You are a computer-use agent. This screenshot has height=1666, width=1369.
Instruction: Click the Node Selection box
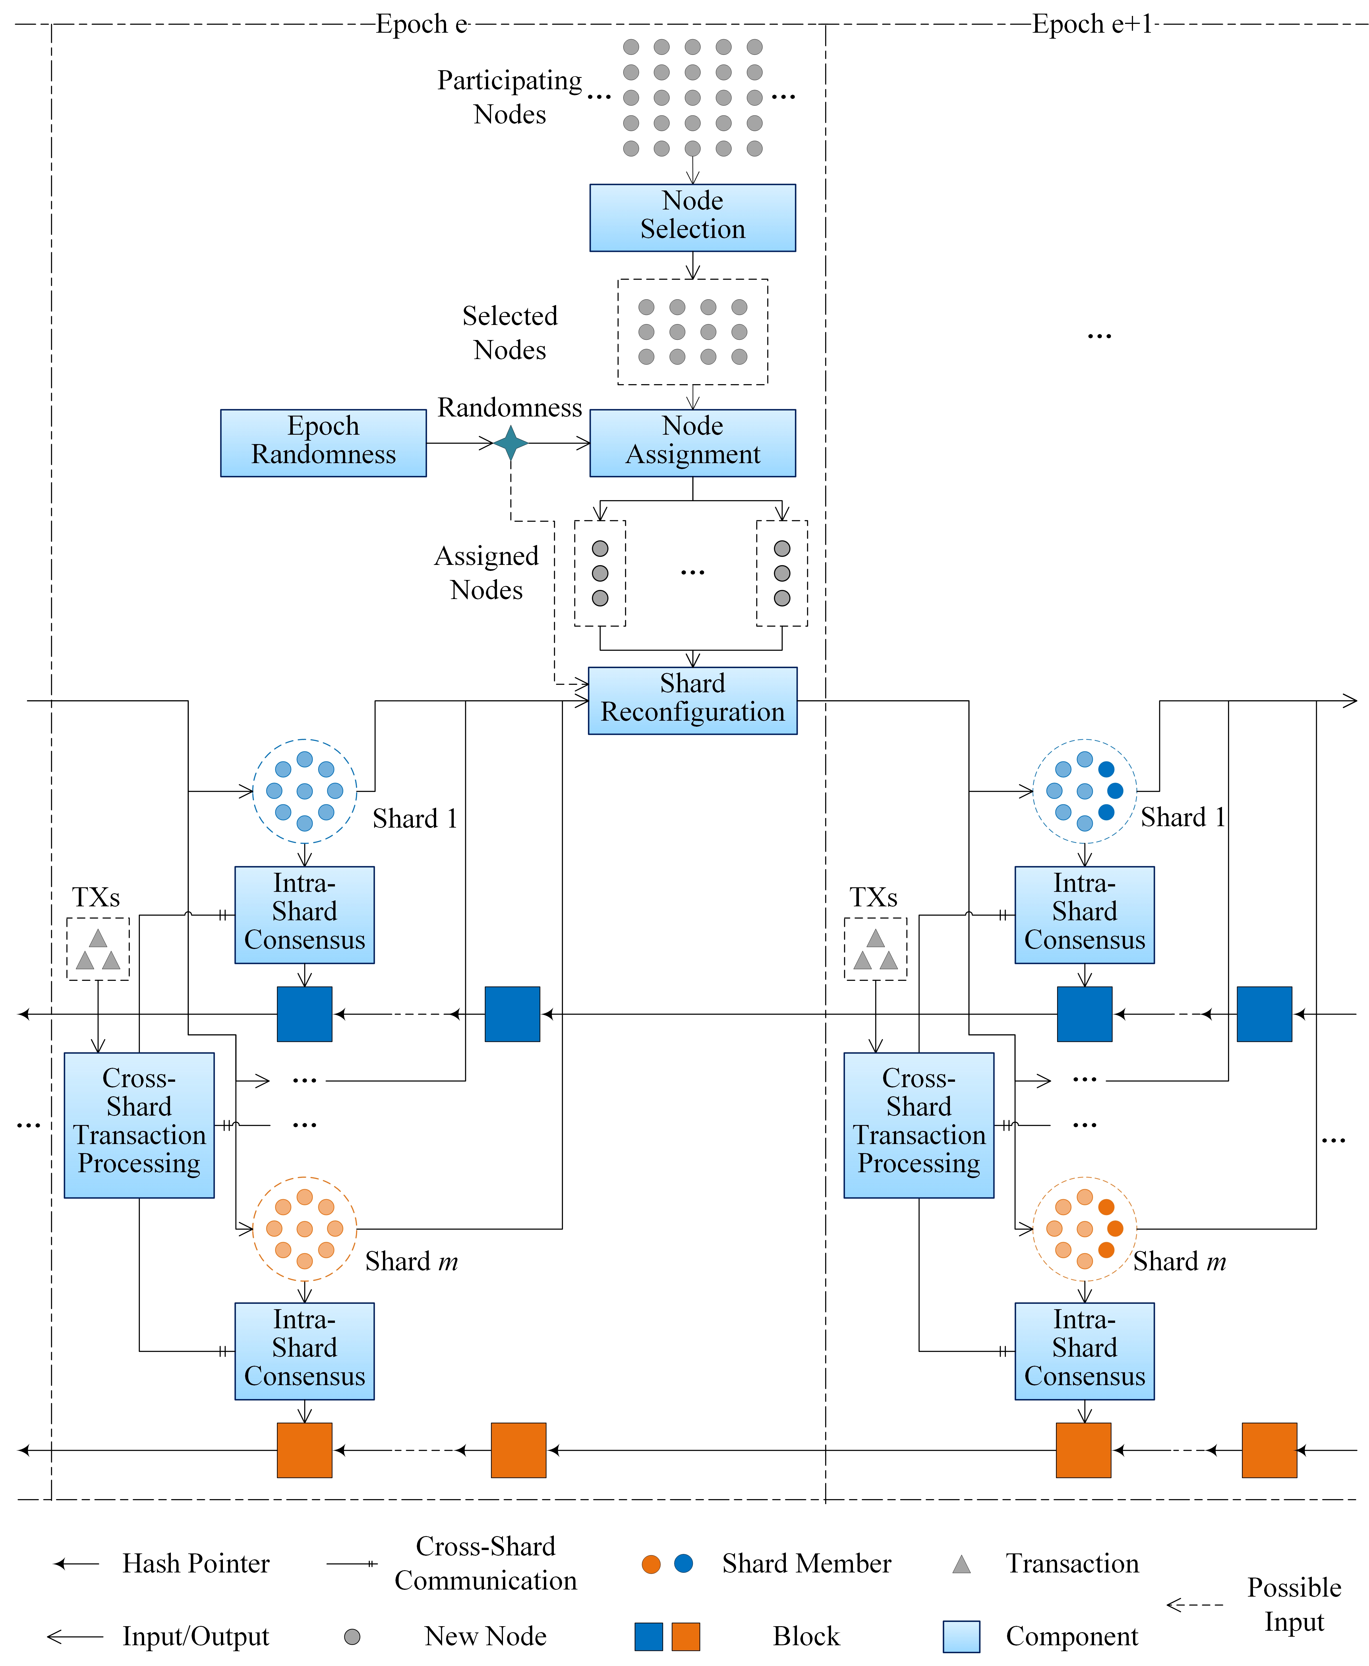[x=692, y=217]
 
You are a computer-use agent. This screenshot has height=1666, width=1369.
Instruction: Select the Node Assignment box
[x=692, y=442]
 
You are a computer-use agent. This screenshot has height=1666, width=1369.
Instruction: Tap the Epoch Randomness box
[x=323, y=442]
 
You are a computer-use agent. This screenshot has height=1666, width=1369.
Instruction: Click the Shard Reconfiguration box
[x=692, y=700]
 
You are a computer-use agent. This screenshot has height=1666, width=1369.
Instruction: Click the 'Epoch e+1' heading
[x=1092, y=24]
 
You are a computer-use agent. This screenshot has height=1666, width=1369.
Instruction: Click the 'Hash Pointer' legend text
[x=196, y=1563]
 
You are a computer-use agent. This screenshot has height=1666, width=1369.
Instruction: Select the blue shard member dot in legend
[x=684, y=1563]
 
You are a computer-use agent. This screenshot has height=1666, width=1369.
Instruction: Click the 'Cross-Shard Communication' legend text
[x=486, y=1563]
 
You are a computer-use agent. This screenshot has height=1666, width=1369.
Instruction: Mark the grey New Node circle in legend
[x=353, y=1637]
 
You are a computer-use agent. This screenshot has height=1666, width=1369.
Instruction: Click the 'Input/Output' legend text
[x=196, y=1637]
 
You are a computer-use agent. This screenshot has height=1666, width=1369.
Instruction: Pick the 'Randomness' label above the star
[x=510, y=408]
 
